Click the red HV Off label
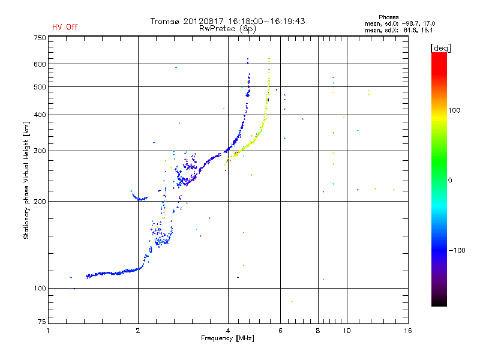[x=65, y=27]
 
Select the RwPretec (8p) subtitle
[x=227, y=29]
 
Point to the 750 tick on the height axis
[x=40, y=38]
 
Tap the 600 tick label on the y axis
[x=40, y=64]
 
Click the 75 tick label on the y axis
[x=42, y=322]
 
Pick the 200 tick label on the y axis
[x=40, y=202]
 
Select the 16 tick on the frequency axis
[x=408, y=331]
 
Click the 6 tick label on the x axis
[x=280, y=331]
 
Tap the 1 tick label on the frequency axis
[x=48, y=331]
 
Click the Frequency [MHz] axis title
[x=227, y=338]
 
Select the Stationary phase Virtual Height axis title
[x=26, y=180]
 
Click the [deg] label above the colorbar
[x=440, y=48]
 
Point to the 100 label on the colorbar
[x=454, y=110]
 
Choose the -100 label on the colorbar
[x=457, y=250]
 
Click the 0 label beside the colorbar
[x=450, y=181]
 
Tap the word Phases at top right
[x=388, y=17]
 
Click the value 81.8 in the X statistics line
[x=410, y=31]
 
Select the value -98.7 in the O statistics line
[x=410, y=23]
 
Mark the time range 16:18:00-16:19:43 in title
[x=266, y=21]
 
